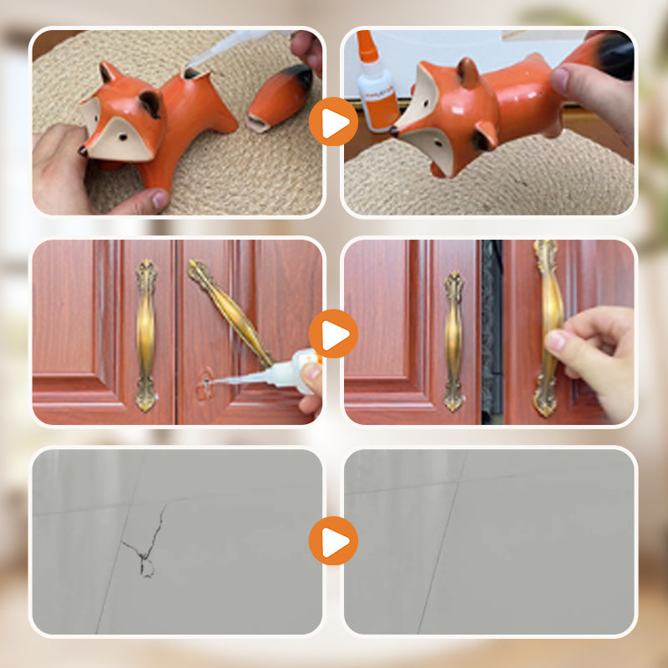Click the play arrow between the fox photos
[x=333, y=123]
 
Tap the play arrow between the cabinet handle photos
[x=333, y=334]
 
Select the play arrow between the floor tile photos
[x=333, y=541]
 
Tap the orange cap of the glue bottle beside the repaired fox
[x=366, y=45]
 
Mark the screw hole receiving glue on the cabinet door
[x=205, y=385]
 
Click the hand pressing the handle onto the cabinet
[x=596, y=351]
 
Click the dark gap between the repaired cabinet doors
[x=492, y=334]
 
